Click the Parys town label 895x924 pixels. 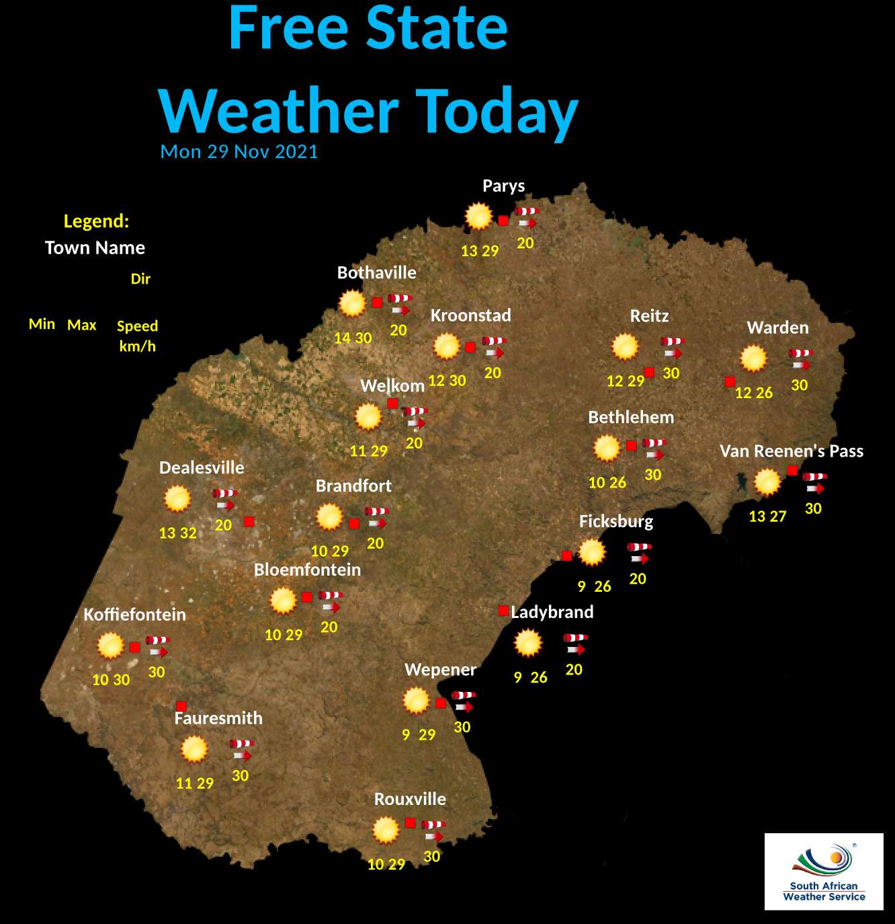point(503,186)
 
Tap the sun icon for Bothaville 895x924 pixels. point(352,304)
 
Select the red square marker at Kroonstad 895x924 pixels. point(470,347)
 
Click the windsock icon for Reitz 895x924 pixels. point(672,347)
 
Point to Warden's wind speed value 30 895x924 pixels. point(799,385)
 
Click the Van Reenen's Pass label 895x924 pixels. point(791,451)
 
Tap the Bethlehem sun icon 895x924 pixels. point(607,449)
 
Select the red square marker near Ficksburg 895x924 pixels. point(567,555)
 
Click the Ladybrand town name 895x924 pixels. point(552,612)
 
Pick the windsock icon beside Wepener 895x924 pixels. point(464,701)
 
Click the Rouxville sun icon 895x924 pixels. point(386,831)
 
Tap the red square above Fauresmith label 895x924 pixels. point(181,705)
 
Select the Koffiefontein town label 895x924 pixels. point(134,615)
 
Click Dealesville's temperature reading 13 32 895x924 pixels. point(177,533)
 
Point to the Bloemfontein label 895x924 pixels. point(307,570)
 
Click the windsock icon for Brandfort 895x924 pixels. point(377,516)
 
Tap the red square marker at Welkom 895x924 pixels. point(392,403)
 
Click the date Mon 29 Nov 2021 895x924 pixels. point(239,151)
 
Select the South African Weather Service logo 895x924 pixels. point(824,872)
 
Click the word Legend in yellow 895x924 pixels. point(96,221)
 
